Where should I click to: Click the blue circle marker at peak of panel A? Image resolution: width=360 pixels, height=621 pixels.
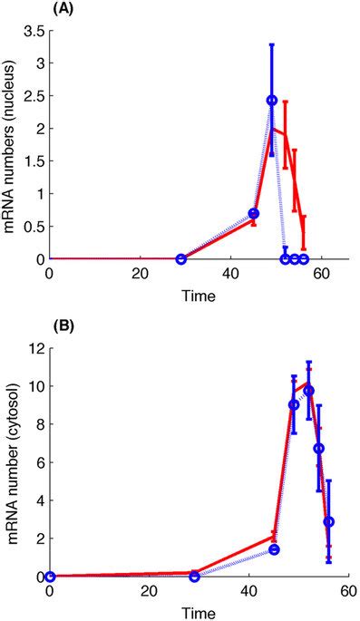(x=271, y=101)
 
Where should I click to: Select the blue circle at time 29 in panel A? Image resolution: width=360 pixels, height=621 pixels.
(x=180, y=259)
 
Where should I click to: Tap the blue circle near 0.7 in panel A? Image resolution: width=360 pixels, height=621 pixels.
(x=254, y=214)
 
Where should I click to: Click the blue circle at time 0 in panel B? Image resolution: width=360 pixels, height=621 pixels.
(x=50, y=577)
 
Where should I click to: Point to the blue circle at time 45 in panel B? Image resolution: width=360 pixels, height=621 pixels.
(x=274, y=550)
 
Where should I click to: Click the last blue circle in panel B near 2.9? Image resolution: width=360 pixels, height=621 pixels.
(x=329, y=522)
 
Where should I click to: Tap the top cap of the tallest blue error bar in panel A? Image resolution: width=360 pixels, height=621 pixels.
(x=271, y=44)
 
